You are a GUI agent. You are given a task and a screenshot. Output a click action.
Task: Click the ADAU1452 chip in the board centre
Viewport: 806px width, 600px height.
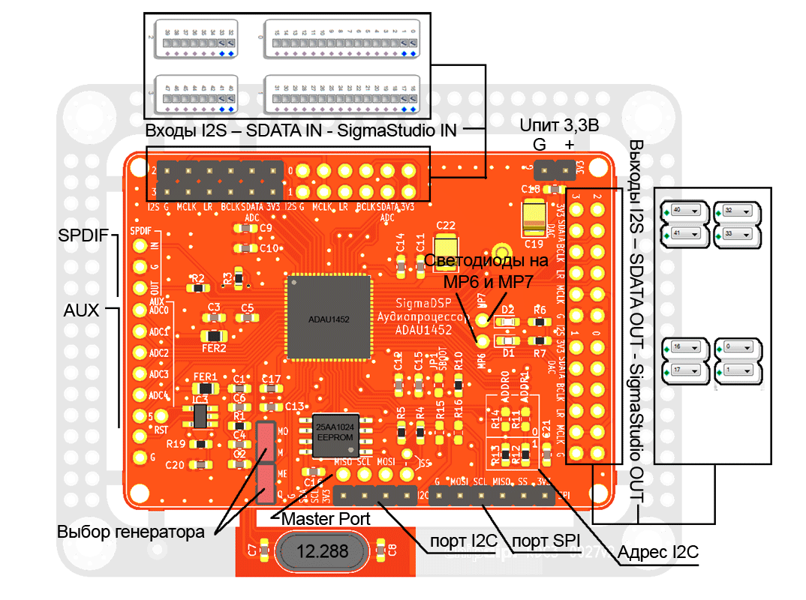pos(329,318)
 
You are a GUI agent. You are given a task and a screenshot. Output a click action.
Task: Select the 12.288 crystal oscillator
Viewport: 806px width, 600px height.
pos(323,552)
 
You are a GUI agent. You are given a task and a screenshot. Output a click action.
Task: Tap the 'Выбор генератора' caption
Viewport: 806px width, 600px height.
pos(131,532)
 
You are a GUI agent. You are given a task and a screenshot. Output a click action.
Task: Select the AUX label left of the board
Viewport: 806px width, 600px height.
pos(79,310)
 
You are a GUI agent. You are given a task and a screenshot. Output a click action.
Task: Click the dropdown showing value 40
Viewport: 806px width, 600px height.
pos(686,211)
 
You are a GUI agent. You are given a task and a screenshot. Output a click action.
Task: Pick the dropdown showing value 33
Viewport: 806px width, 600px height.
pos(738,235)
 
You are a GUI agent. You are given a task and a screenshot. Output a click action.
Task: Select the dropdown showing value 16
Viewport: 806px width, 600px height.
pos(686,348)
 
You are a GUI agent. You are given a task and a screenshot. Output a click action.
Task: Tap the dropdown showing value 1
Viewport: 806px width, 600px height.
pos(738,370)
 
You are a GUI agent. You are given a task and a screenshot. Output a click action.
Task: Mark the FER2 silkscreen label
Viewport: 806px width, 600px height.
pos(214,348)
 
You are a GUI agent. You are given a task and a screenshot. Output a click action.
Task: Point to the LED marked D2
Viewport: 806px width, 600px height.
pos(507,320)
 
